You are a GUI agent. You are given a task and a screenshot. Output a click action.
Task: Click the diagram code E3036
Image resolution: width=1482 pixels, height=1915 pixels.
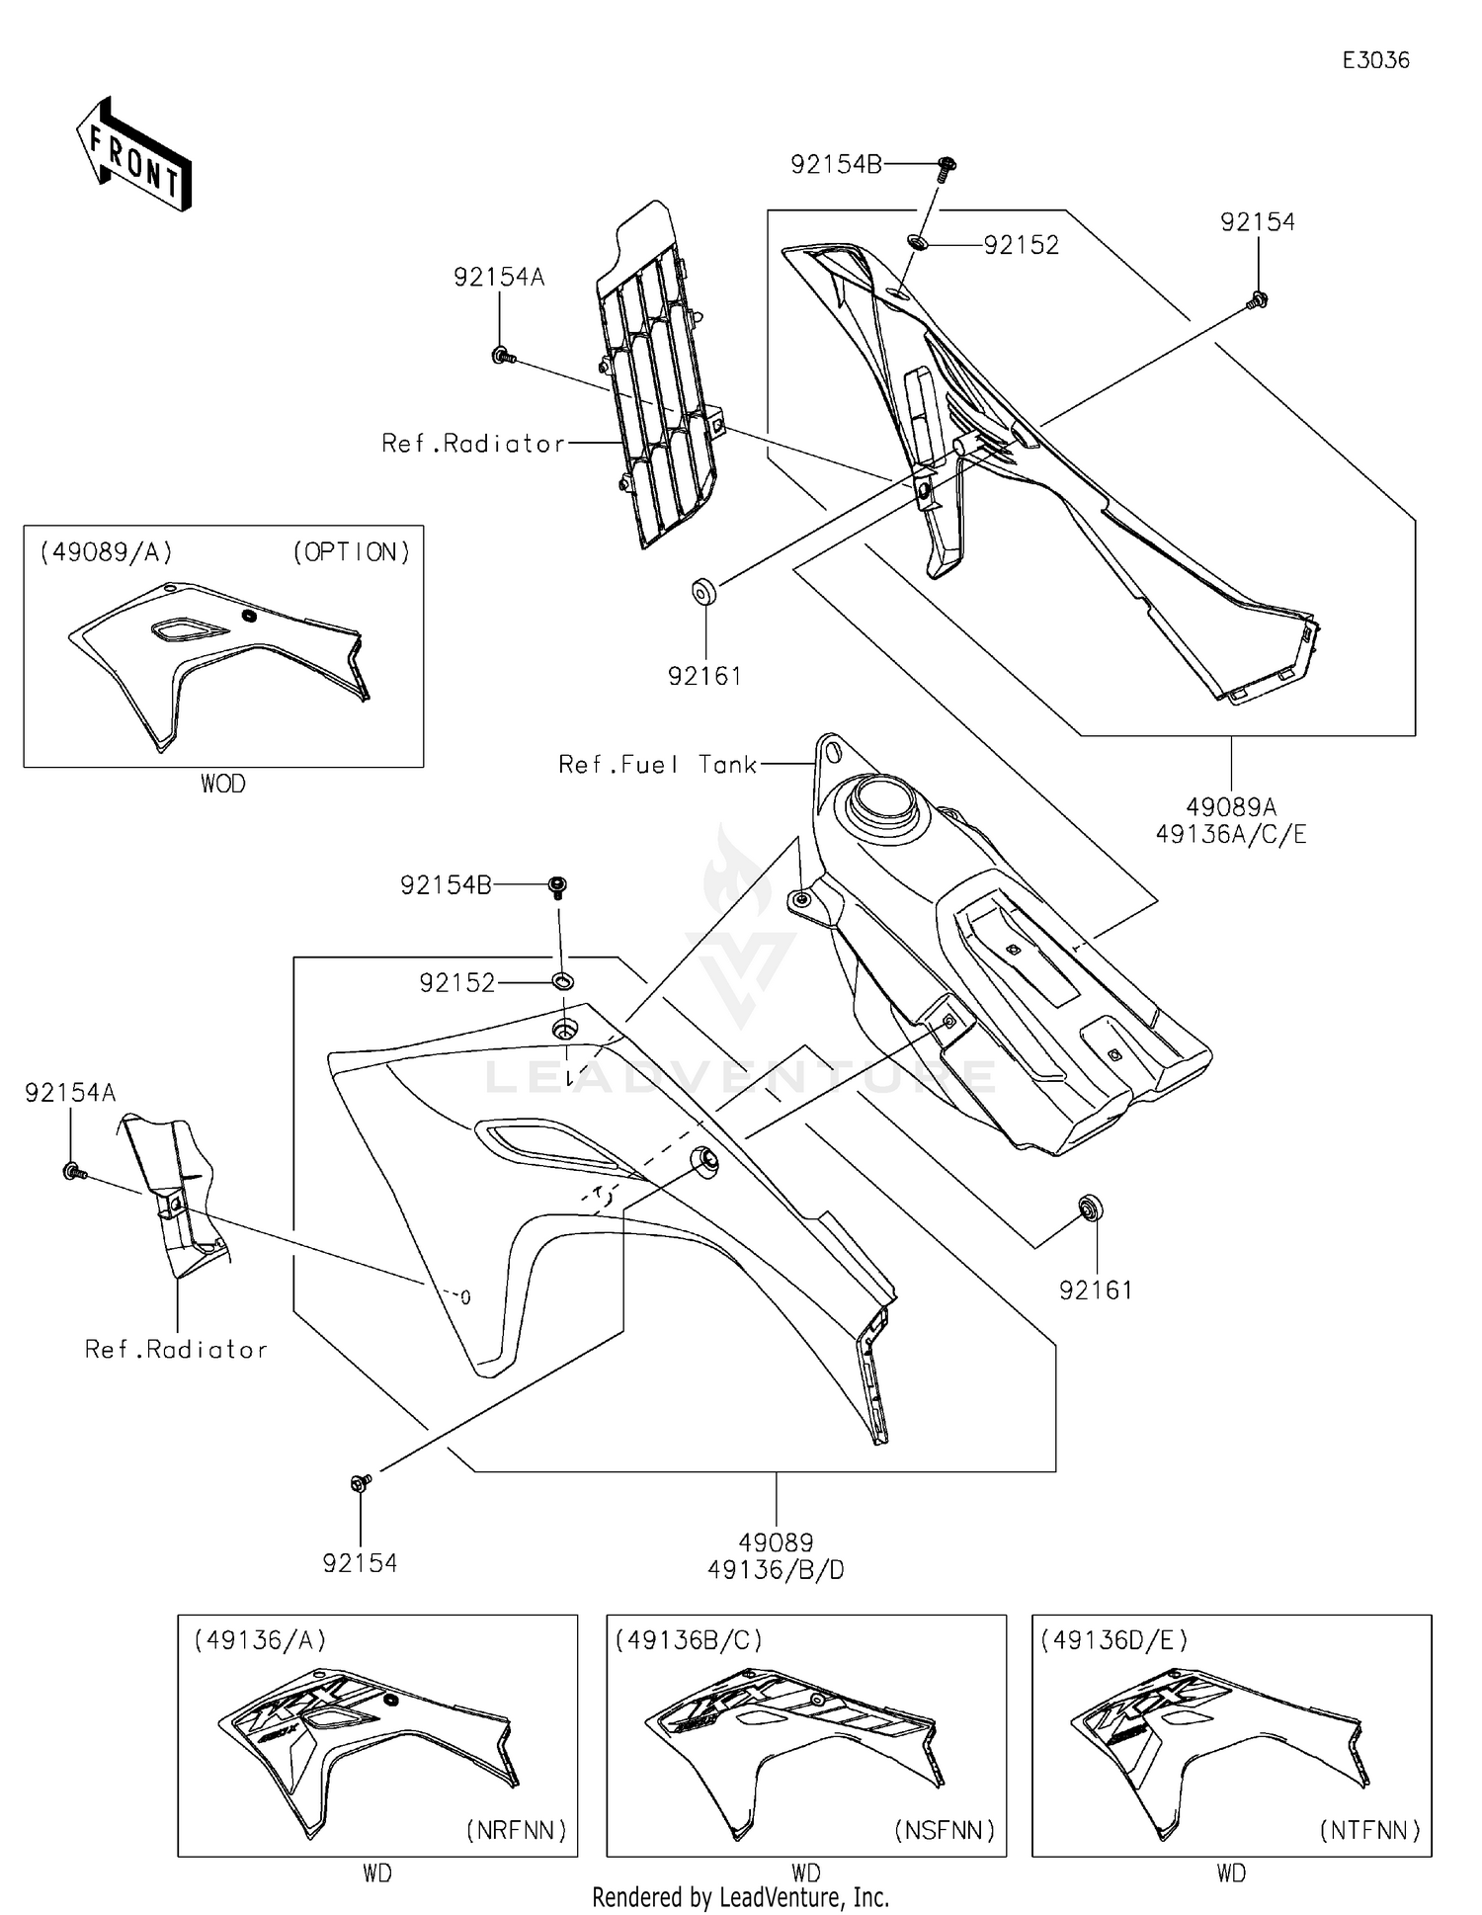click(x=1375, y=60)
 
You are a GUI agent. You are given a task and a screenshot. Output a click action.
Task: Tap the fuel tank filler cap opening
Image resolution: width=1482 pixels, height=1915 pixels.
click(x=882, y=797)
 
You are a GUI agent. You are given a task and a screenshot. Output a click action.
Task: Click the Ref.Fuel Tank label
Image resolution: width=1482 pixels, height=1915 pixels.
click(x=657, y=764)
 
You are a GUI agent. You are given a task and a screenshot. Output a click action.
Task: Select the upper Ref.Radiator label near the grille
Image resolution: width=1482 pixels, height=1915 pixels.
click(x=473, y=444)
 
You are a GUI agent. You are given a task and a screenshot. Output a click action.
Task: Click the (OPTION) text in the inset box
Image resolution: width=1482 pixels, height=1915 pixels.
click(x=351, y=552)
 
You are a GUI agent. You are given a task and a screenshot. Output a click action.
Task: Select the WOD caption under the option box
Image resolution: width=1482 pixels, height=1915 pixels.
click(x=223, y=784)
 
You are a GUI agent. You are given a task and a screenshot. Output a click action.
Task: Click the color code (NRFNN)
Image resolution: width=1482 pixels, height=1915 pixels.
click(x=516, y=1830)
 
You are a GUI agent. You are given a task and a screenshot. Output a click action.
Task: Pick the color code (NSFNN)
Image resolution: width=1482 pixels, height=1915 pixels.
click(x=944, y=1830)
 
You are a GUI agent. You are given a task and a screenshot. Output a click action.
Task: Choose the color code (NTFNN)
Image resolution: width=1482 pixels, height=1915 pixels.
click(x=1369, y=1830)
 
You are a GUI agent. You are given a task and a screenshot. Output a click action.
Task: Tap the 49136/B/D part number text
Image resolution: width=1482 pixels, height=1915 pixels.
click(x=776, y=1569)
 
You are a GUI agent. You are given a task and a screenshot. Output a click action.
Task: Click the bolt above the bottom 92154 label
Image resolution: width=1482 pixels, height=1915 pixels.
click(x=361, y=1482)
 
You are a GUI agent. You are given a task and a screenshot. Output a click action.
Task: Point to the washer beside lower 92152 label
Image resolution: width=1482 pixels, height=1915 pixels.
click(x=562, y=981)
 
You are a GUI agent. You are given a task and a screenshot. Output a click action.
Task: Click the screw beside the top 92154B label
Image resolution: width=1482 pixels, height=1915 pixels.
click(x=947, y=165)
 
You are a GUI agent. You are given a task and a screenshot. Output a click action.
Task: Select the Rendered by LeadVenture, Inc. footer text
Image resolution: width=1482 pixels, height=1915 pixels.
click(x=740, y=1896)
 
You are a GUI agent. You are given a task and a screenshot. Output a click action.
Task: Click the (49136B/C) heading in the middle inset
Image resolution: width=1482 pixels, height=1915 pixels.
click(x=689, y=1640)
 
